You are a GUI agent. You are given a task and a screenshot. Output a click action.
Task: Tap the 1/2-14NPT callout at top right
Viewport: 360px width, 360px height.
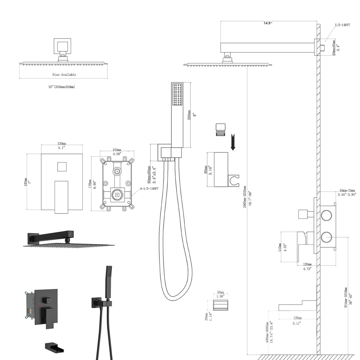coord(342,25)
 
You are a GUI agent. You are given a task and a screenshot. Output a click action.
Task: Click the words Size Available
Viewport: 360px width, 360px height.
coord(64,75)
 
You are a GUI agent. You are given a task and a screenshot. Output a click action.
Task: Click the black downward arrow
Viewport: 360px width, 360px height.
coord(233,142)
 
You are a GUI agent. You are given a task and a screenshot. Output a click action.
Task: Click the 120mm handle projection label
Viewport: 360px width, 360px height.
coord(307,264)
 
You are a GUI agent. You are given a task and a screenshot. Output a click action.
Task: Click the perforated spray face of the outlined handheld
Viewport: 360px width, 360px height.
coord(178,95)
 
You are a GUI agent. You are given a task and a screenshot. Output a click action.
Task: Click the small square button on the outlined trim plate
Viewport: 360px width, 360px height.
coord(62,167)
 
